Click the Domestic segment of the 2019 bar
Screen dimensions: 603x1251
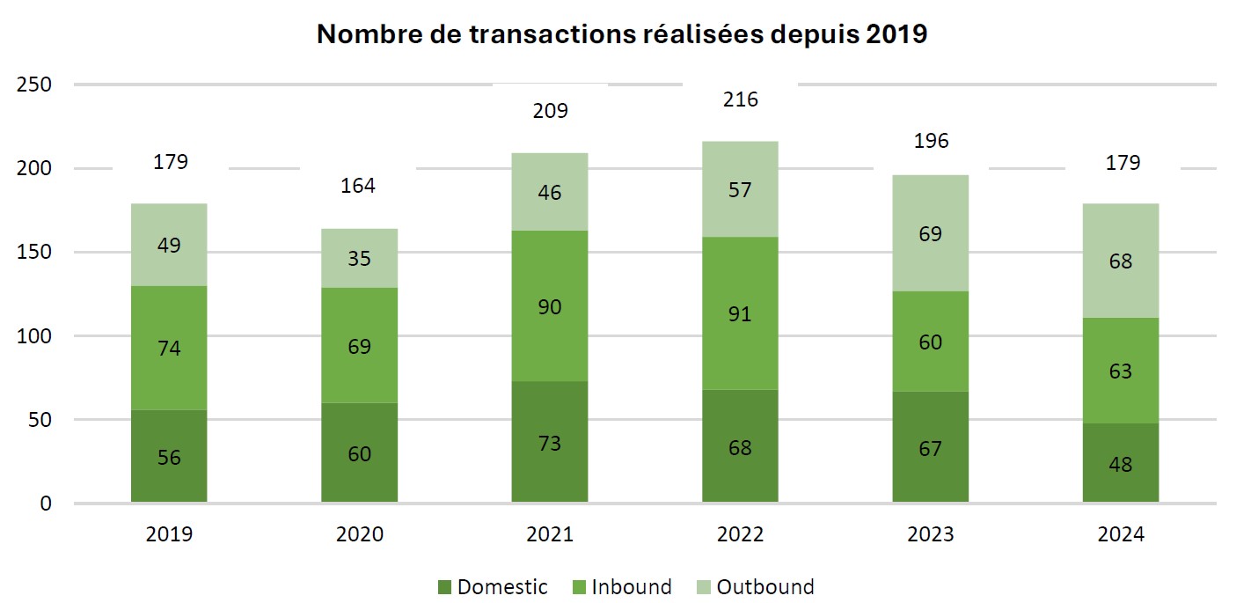click(x=169, y=456)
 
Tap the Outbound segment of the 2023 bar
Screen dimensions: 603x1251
click(x=931, y=233)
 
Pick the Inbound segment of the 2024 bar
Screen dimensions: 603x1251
click(x=1121, y=370)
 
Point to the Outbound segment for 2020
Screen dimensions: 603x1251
click(x=359, y=259)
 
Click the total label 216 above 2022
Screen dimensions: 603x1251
click(x=740, y=99)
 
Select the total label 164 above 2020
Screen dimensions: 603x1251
click(x=359, y=186)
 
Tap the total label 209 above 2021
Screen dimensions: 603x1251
click(x=550, y=111)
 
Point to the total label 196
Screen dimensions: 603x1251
click(x=931, y=141)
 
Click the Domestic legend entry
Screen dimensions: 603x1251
click(x=492, y=587)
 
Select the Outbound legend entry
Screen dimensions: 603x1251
click(x=754, y=587)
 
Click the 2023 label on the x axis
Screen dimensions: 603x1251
click(x=931, y=535)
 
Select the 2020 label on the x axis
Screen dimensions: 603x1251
click(x=359, y=535)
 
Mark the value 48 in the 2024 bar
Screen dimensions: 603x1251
click(x=1121, y=464)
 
